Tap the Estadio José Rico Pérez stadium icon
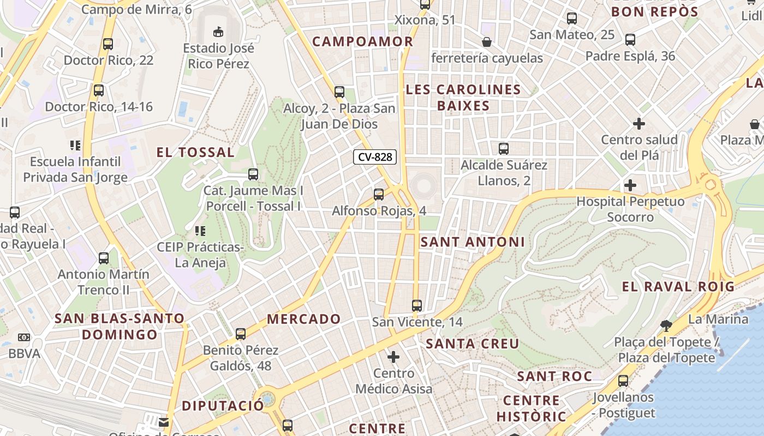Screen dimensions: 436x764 (x=218, y=31)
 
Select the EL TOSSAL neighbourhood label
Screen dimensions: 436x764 (x=195, y=153)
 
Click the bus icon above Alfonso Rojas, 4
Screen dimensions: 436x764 (x=379, y=195)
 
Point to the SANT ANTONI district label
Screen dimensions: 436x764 (x=473, y=242)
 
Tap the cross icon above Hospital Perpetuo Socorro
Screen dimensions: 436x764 (x=630, y=185)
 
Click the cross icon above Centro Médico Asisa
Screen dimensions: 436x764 (x=393, y=358)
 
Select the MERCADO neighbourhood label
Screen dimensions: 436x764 (x=304, y=319)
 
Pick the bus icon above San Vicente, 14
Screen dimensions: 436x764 (x=417, y=306)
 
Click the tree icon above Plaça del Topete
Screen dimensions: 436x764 (x=666, y=326)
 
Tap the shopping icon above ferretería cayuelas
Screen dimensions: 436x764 (x=487, y=42)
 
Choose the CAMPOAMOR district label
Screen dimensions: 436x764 (x=362, y=41)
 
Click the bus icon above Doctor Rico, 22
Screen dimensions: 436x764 (x=108, y=44)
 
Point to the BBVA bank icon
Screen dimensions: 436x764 (x=23, y=338)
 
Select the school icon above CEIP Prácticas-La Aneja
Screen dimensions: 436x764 (x=200, y=231)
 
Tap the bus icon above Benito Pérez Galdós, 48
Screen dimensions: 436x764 (x=241, y=334)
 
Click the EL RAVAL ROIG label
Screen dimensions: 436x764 (x=678, y=286)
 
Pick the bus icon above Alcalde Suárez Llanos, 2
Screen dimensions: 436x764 (x=504, y=148)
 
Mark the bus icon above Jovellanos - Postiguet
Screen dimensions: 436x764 (x=623, y=381)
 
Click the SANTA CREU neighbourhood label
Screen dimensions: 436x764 (x=473, y=344)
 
